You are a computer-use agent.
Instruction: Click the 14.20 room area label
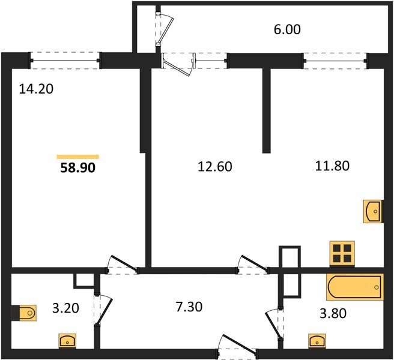pos(36,89)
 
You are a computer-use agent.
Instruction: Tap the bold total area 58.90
pos(78,167)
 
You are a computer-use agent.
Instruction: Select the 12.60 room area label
pos(215,167)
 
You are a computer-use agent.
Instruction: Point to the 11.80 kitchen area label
pos(332,166)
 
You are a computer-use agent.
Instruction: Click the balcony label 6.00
pos(287,29)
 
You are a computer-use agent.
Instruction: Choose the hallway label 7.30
pos(189,307)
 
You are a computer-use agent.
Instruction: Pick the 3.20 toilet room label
pos(65,308)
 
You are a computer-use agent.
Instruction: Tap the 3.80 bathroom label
pos(333,314)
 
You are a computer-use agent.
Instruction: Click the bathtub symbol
pos(355,287)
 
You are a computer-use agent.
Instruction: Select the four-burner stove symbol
pos(342,254)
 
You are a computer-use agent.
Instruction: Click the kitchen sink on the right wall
pos(373,211)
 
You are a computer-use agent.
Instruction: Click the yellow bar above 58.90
pos(78,157)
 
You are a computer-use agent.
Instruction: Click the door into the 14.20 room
pos(122,265)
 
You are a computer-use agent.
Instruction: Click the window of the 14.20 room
pos(65,61)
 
